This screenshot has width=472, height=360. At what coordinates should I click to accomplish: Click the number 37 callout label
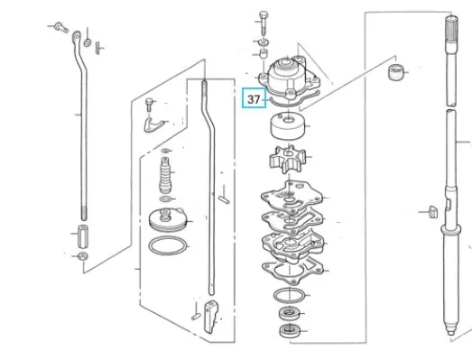(x=254, y=99)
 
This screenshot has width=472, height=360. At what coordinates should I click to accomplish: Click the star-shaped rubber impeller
(x=287, y=159)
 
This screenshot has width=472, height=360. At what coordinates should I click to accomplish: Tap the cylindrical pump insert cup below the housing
(x=288, y=125)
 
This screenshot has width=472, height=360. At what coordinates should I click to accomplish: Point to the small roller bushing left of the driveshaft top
(x=395, y=72)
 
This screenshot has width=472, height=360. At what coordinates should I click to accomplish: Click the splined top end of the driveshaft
(x=451, y=29)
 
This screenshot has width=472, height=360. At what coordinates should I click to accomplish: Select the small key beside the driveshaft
(x=432, y=212)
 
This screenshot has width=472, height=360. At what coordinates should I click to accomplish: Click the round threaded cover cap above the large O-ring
(x=168, y=220)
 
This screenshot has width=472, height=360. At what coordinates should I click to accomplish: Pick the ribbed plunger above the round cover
(x=165, y=175)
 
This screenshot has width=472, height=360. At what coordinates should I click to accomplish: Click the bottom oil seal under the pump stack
(x=290, y=331)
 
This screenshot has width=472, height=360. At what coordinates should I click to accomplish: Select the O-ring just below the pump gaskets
(x=289, y=295)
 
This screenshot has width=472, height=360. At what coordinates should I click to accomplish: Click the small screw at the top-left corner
(x=61, y=28)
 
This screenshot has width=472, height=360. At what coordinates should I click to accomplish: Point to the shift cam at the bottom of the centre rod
(x=211, y=317)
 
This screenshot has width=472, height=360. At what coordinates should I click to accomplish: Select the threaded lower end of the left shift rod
(x=84, y=213)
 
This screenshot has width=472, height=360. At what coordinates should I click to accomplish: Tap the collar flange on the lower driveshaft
(x=450, y=230)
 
